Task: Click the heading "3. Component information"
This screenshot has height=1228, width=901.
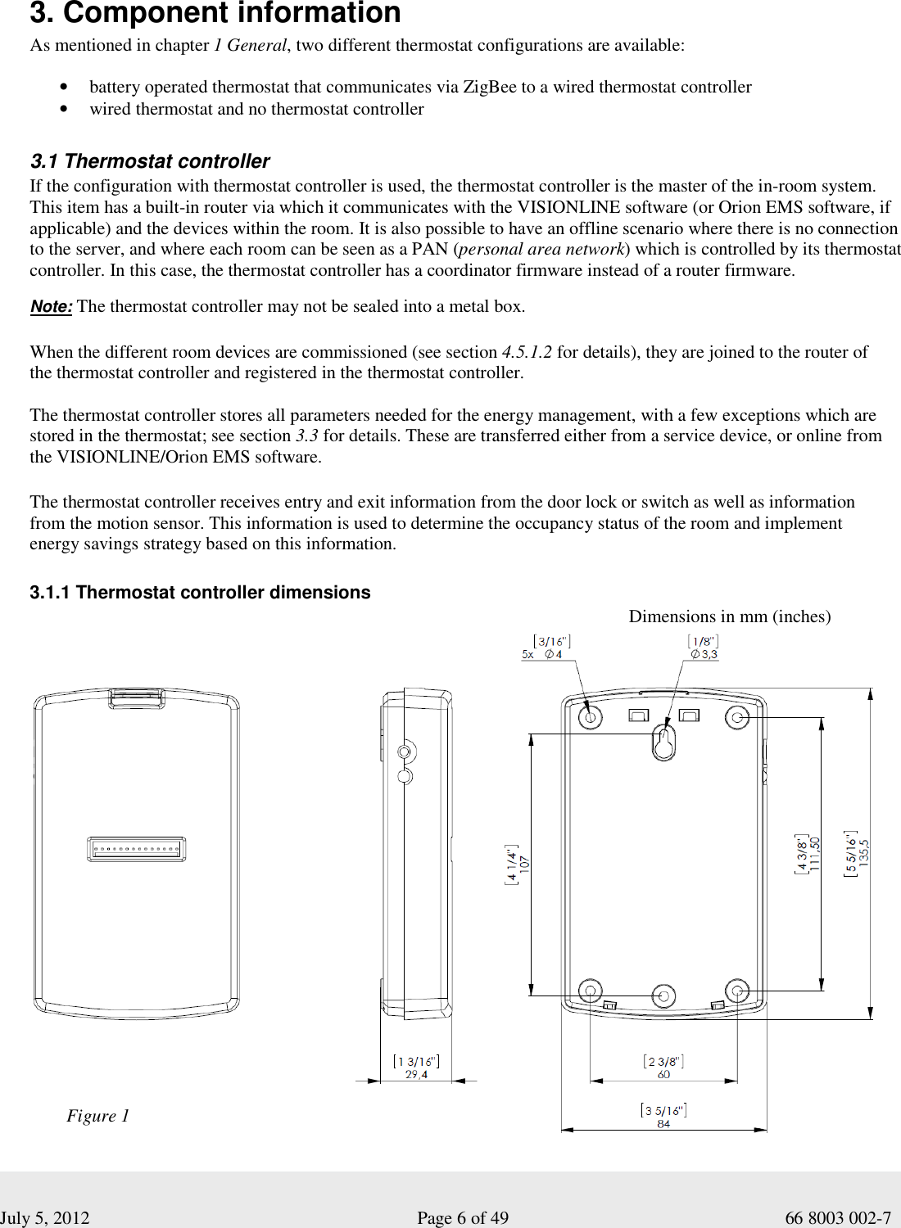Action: coord(215,14)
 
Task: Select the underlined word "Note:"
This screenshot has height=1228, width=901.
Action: coord(51,307)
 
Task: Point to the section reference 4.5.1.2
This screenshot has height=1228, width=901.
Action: coord(527,352)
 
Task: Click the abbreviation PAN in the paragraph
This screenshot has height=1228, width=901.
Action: coord(432,250)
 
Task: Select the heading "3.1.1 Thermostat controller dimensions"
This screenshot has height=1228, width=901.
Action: coord(200,593)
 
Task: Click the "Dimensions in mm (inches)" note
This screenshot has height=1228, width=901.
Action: coord(729,616)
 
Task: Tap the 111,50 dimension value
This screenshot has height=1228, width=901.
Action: coord(815,854)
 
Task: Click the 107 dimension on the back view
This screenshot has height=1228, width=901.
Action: coord(524,863)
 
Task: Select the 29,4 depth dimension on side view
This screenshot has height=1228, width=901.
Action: coord(416,1075)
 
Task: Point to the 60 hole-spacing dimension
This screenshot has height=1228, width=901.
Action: coord(663,1074)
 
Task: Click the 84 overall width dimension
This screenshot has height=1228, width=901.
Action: coord(663,1124)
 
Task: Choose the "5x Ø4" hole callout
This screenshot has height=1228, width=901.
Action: coord(542,654)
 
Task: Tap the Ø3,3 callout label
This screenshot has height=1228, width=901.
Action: coord(703,654)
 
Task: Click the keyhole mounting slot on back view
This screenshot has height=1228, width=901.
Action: coord(663,742)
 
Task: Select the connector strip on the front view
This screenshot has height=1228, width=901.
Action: coord(136,849)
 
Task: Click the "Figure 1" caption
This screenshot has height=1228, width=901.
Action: coord(97,1116)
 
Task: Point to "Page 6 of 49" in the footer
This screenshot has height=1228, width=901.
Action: coord(463,1218)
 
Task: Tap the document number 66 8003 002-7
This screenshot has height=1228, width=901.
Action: coord(837,1218)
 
